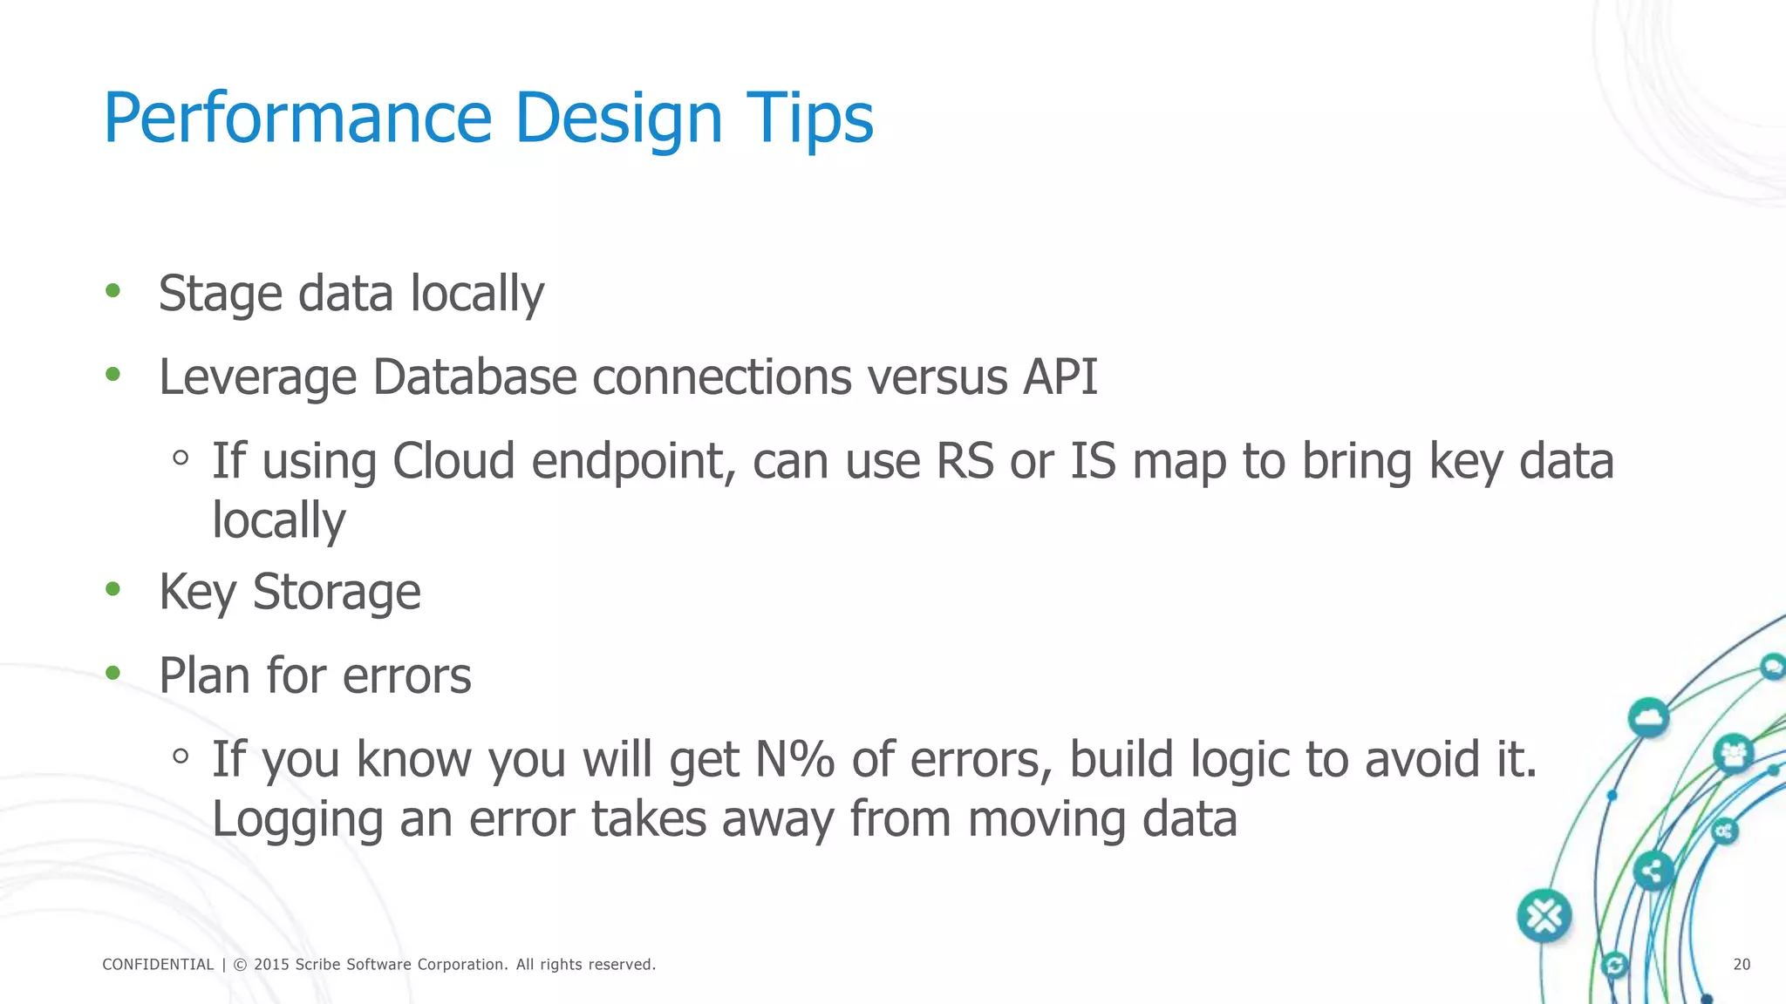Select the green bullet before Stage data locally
tap(112, 291)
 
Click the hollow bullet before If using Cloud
tap(181, 458)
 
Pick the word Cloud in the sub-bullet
tap(453, 461)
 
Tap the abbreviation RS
tap(965, 461)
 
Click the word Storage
tap(336, 593)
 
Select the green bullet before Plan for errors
tap(112, 673)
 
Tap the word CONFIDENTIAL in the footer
tap(158, 965)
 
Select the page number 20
tap(1742, 965)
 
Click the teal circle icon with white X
tap(1544, 916)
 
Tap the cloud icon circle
tap(1648, 718)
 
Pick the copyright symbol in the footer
tap(241, 965)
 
